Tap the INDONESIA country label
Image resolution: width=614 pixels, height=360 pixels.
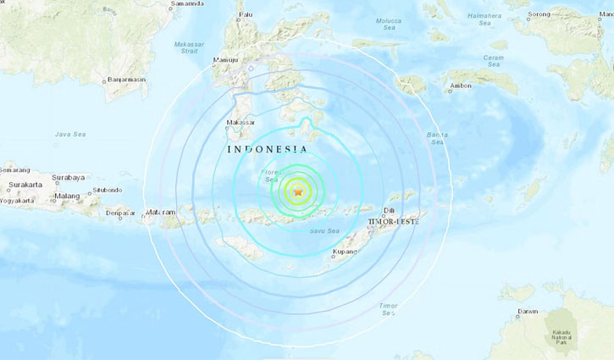267,149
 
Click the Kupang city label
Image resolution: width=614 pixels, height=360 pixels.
346,252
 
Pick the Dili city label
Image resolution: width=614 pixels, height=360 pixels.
390,208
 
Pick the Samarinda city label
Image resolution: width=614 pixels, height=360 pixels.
188,4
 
